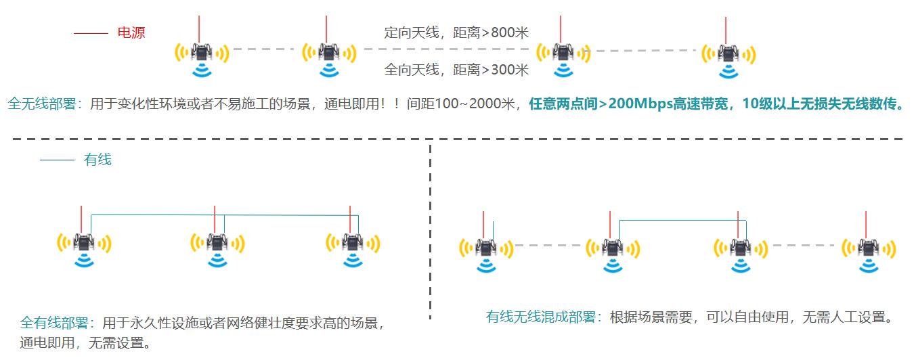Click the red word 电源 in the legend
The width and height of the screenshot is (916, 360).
coord(131,32)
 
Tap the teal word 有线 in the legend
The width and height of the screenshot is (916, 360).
coord(97,160)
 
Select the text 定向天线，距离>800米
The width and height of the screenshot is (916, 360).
coord(456,32)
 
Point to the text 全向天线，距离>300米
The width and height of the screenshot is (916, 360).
coord(456,69)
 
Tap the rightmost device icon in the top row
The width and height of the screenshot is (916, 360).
coord(728,53)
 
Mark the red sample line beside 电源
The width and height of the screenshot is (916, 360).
coord(90,33)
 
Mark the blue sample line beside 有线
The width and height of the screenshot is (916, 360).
coord(56,160)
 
